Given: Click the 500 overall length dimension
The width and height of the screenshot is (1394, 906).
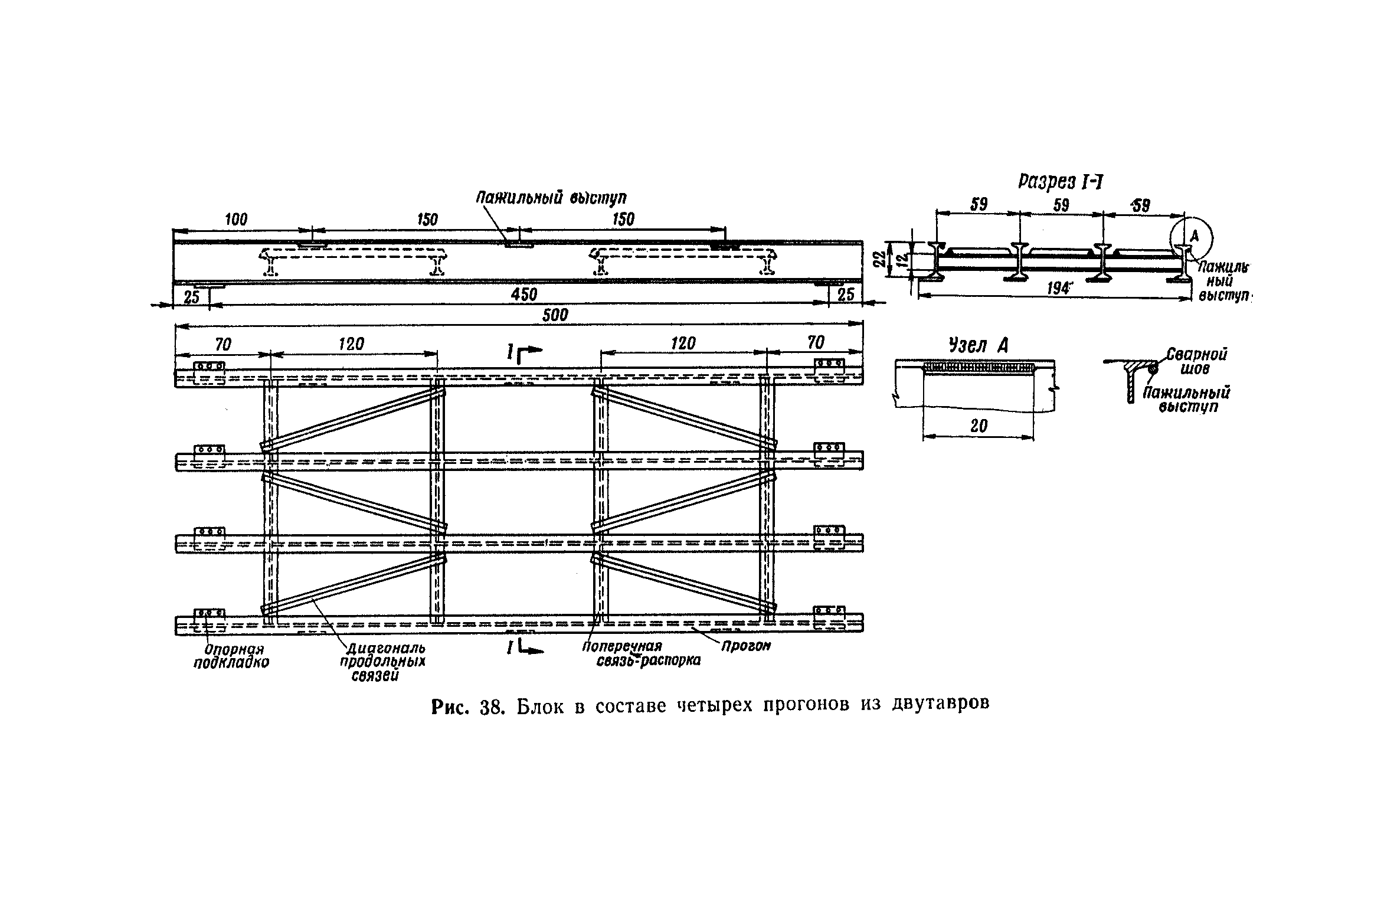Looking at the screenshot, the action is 554,315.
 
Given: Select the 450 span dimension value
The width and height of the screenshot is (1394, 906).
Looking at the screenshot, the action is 524,295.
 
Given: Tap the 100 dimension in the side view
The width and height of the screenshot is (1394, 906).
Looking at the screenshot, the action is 236,220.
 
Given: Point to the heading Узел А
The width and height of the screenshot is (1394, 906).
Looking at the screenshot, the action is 977,346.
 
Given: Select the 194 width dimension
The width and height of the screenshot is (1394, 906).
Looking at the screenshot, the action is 1058,289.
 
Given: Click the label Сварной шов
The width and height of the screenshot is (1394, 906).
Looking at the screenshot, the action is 1196,361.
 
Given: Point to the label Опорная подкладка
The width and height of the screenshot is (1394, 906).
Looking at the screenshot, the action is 231,656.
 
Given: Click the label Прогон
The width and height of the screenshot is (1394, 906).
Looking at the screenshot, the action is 745,646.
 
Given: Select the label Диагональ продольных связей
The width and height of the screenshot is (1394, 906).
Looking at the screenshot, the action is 382,660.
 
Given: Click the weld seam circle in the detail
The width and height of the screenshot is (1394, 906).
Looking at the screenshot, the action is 1152,368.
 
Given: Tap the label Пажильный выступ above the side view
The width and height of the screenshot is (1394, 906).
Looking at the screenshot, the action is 551,197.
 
